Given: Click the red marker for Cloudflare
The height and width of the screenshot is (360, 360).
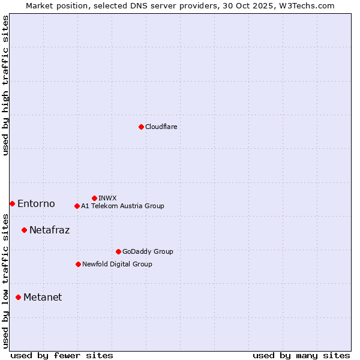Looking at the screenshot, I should click(141, 127).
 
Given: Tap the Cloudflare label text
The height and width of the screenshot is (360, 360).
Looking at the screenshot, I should click(161, 127).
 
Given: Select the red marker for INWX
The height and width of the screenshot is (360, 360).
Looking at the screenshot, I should click(94, 198).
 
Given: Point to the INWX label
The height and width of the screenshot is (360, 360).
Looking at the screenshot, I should click(107, 199).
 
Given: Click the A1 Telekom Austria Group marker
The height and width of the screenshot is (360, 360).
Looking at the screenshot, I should click(77, 206).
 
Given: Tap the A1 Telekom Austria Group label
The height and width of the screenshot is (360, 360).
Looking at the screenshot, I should click(122, 206).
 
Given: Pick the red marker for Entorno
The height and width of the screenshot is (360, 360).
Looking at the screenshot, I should click(12, 204).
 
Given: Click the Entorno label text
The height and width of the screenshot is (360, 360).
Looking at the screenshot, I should click(36, 204).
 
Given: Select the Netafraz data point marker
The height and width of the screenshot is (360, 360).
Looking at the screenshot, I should click(24, 230).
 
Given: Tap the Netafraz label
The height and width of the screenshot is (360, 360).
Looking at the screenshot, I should click(49, 230).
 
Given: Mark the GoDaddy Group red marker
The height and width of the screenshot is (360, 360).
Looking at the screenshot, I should click(118, 251).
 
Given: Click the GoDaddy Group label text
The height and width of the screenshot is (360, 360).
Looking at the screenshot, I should click(148, 252).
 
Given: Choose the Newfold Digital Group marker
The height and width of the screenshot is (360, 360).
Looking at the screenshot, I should click(78, 264).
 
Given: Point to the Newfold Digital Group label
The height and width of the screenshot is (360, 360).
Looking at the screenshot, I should click(117, 265).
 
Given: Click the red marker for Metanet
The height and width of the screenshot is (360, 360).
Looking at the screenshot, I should click(18, 297).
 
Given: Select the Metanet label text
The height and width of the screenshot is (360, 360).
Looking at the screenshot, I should click(43, 298).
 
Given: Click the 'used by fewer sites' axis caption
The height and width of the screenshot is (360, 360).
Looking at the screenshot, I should click(62, 356).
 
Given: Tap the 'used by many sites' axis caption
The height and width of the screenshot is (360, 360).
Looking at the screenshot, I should click(301, 356).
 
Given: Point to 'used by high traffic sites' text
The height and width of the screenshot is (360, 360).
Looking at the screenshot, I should click(6, 85).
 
